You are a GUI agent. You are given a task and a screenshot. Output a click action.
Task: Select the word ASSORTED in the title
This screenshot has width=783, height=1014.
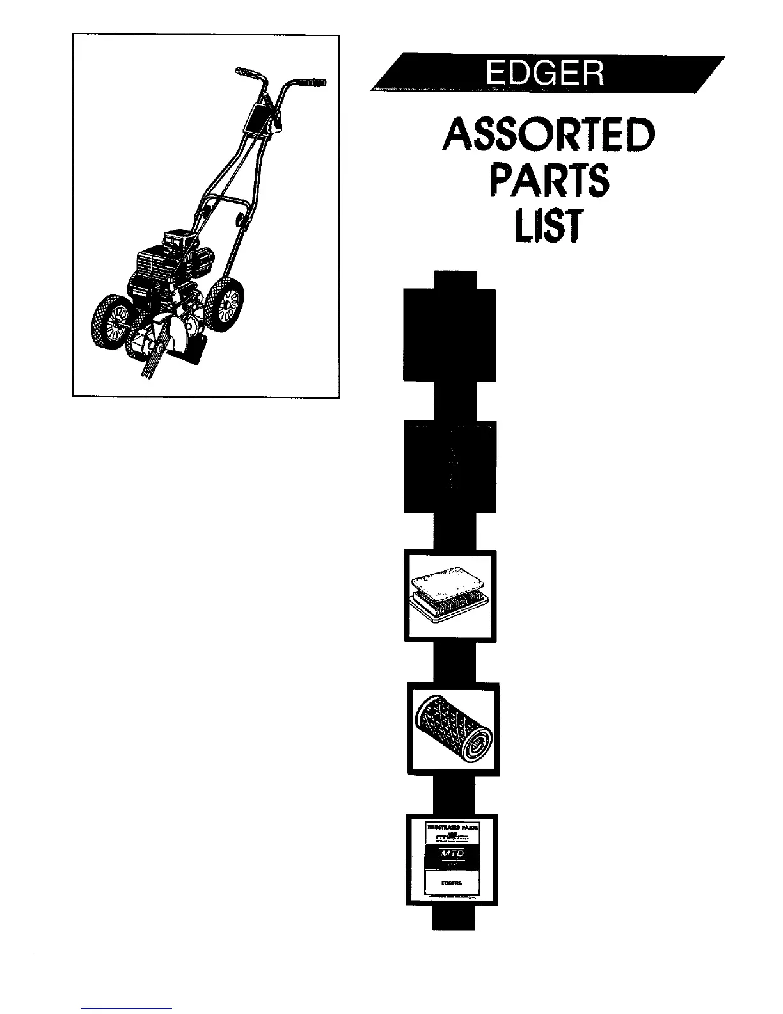click(548, 134)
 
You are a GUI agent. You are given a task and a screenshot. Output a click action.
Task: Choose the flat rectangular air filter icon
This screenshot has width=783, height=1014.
click(448, 596)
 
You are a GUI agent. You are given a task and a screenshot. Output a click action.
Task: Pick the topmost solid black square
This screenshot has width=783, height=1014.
click(450, 335)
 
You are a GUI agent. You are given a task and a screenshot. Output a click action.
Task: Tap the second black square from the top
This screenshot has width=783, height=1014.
click(450, 467)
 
